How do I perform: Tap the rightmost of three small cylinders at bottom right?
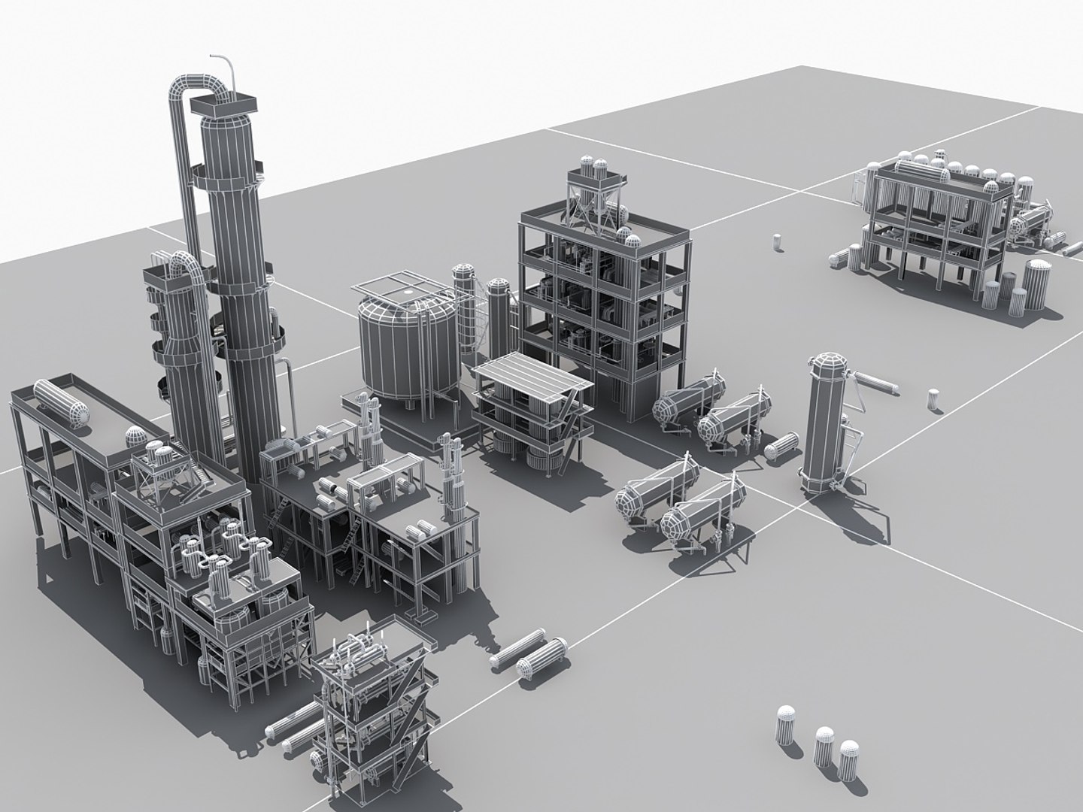click(x=849, y=760)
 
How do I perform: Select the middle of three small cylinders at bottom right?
click(x=824, y=745)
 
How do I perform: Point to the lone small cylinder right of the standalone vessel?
click(x=933, y=399)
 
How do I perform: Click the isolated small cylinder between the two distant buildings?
click(x=777, y=242)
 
